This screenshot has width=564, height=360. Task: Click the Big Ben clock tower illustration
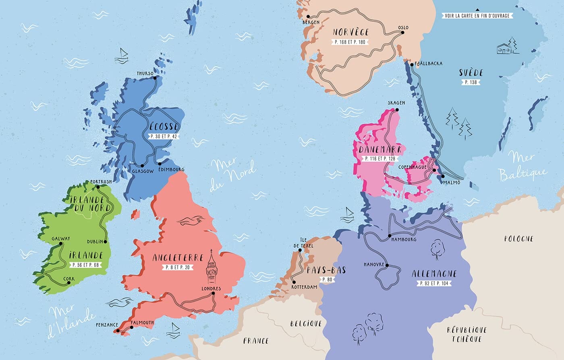point(211,268)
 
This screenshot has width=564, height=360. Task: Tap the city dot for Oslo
point(402,33)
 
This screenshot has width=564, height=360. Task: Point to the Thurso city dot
point(156,78)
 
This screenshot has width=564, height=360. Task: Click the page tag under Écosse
point(164,136)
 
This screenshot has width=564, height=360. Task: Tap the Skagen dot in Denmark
point(397,109)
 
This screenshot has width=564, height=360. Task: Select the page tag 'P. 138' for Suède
point(471,82)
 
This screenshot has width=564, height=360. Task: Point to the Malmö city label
point(451,183)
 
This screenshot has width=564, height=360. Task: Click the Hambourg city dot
point(390,235)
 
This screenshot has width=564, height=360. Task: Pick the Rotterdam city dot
point(294,282)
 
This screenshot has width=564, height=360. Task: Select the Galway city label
point(61,239)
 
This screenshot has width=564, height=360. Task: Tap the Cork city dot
point(69,283)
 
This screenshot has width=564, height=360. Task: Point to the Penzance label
point(107,325)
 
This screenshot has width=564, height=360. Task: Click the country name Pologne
point(519,239)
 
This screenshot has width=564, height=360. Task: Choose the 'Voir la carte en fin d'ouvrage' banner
point(477,16)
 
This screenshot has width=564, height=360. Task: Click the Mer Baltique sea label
point(523,166)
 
